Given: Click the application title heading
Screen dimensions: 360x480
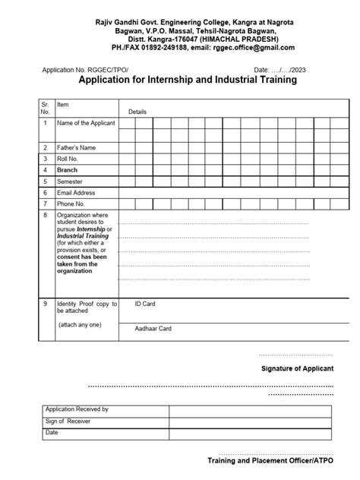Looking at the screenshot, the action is (188, 79).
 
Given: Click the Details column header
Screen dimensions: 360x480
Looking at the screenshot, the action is (137, 111).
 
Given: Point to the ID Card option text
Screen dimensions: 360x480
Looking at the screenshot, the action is (146, 304).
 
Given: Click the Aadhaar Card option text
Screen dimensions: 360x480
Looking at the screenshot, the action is (153, 329).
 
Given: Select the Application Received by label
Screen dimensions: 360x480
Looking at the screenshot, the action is (77, 409).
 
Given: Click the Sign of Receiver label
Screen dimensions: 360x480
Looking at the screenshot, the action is (68, 421).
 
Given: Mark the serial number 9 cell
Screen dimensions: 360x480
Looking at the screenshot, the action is (46, 304).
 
